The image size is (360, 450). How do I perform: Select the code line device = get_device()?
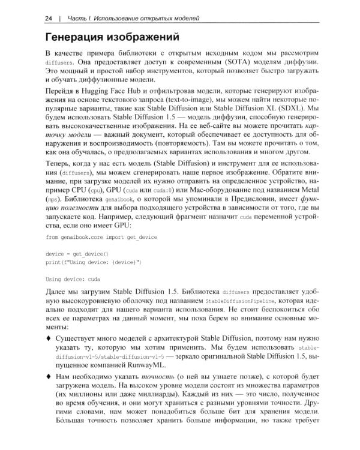click(x=77, y=254)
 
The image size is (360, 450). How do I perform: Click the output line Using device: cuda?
click(x=74, y=280)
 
